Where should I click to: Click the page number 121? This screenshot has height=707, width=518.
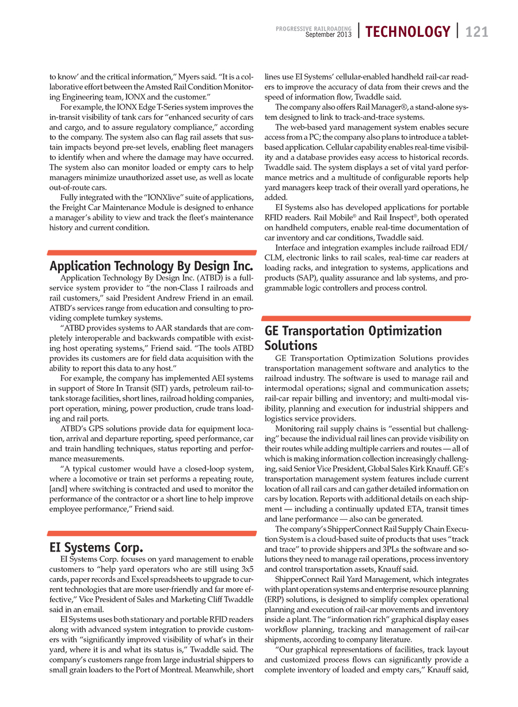pyautogui.click(x=477, y=32)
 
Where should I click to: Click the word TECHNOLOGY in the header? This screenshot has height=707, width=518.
pyautogui.click(x=407, y=32)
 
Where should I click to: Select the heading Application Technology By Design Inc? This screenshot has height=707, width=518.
pyautogui.click(x=151, y=267)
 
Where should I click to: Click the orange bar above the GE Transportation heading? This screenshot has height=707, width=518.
pyautogui.click(x=367, y=318)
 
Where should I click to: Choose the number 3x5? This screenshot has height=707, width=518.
pyautogui.click(x=246, y=569)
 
